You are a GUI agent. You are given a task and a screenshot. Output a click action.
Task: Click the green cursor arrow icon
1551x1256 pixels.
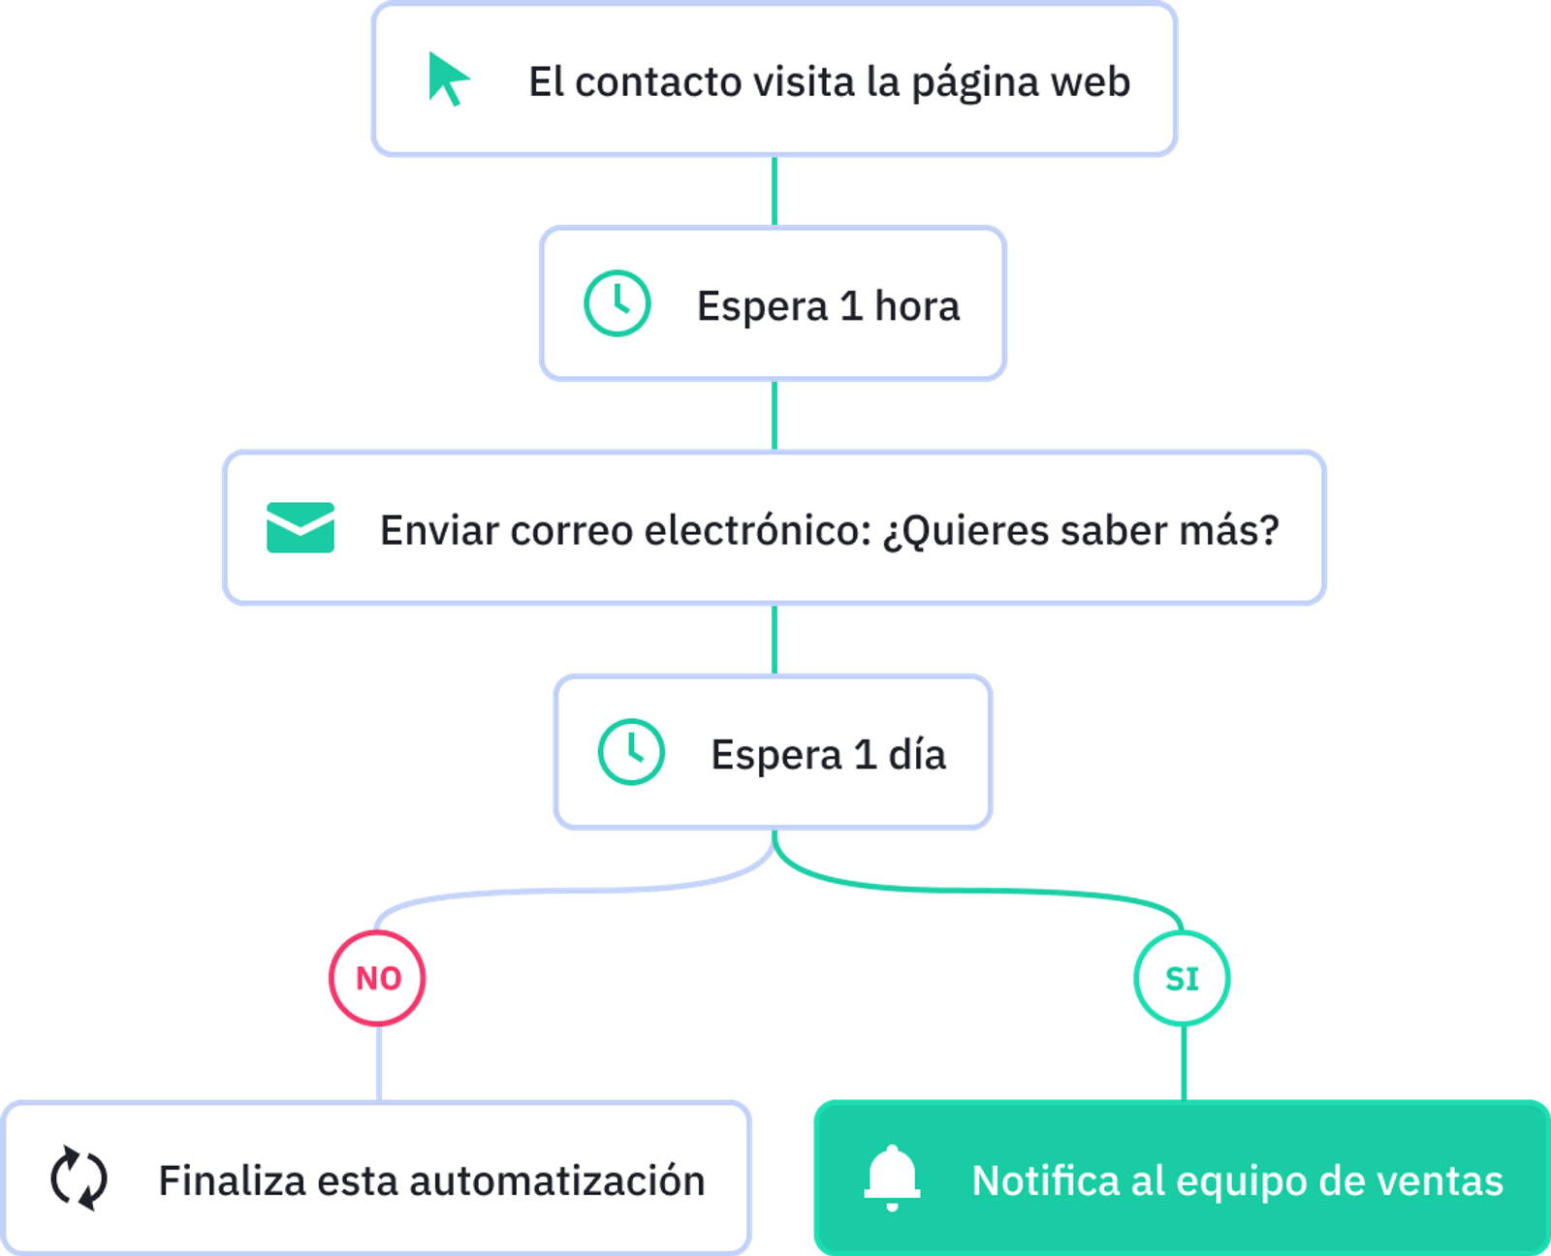(448, 78)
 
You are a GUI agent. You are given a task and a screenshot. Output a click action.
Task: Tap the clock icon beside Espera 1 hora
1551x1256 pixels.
(617, 304)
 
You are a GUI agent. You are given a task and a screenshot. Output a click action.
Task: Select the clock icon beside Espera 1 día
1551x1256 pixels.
(631, 752)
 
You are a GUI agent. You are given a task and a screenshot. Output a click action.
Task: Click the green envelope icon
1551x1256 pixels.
(301, 528)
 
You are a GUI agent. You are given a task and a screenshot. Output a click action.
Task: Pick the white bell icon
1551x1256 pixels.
(892, 1177)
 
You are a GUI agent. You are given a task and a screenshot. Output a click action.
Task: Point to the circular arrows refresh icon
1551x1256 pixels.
(79, 1178)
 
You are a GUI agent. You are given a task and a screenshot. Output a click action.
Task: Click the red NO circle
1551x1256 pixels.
(378, 978)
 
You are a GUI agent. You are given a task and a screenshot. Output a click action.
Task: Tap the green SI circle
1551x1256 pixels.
(1183, 978)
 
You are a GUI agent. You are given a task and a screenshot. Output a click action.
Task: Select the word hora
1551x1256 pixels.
(917, 306)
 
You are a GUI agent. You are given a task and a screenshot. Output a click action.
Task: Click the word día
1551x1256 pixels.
(917, 754)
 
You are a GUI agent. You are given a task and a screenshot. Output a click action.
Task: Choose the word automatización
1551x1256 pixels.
(557, 1181)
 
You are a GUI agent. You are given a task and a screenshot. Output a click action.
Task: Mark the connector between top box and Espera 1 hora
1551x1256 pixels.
(774, 191)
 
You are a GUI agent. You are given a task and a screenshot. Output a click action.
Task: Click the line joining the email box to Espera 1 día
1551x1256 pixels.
(774, 640)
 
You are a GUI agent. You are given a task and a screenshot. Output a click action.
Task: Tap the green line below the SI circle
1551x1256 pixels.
(1184, 1063)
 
